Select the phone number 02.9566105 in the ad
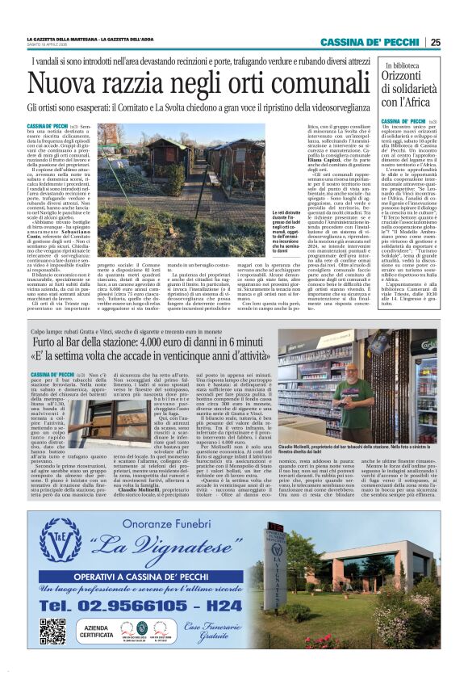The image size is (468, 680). click(x=113, y=602)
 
